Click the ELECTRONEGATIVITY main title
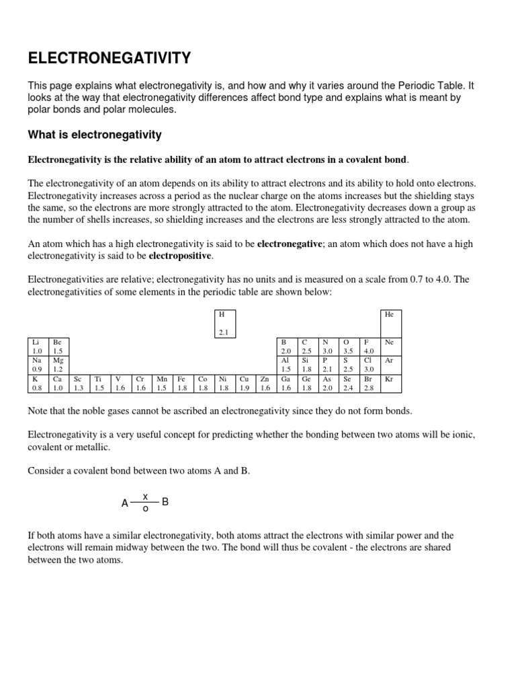pos(110,59)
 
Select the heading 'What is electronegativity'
pos(95,135)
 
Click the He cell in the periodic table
pos(390,323)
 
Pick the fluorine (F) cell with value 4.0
pos(370,347)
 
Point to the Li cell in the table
pos(38,347)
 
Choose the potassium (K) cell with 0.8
pos(38,383)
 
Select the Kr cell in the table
pos(390,383)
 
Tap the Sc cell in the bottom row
pos(79,383)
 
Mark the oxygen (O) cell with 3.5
pos(348,347)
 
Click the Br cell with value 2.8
pos(370,383)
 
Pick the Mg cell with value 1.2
pos(58,365)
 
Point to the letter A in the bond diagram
pos(124,503)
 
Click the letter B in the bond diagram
pos(165,502)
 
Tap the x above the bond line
pos(145,496)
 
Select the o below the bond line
pos(145,509)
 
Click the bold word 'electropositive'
pos(179,256)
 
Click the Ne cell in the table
pos(390,347)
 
